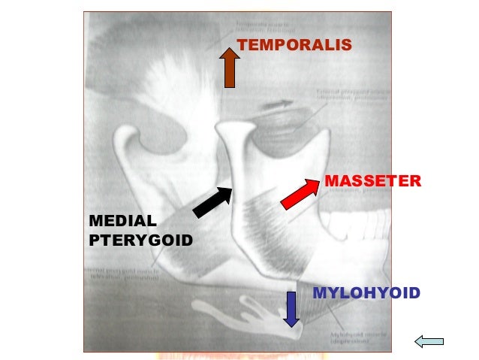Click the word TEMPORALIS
294,46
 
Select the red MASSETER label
372,181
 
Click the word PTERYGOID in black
140,241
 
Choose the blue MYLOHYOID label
366,292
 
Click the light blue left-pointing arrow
429,343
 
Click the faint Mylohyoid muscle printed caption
352,338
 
